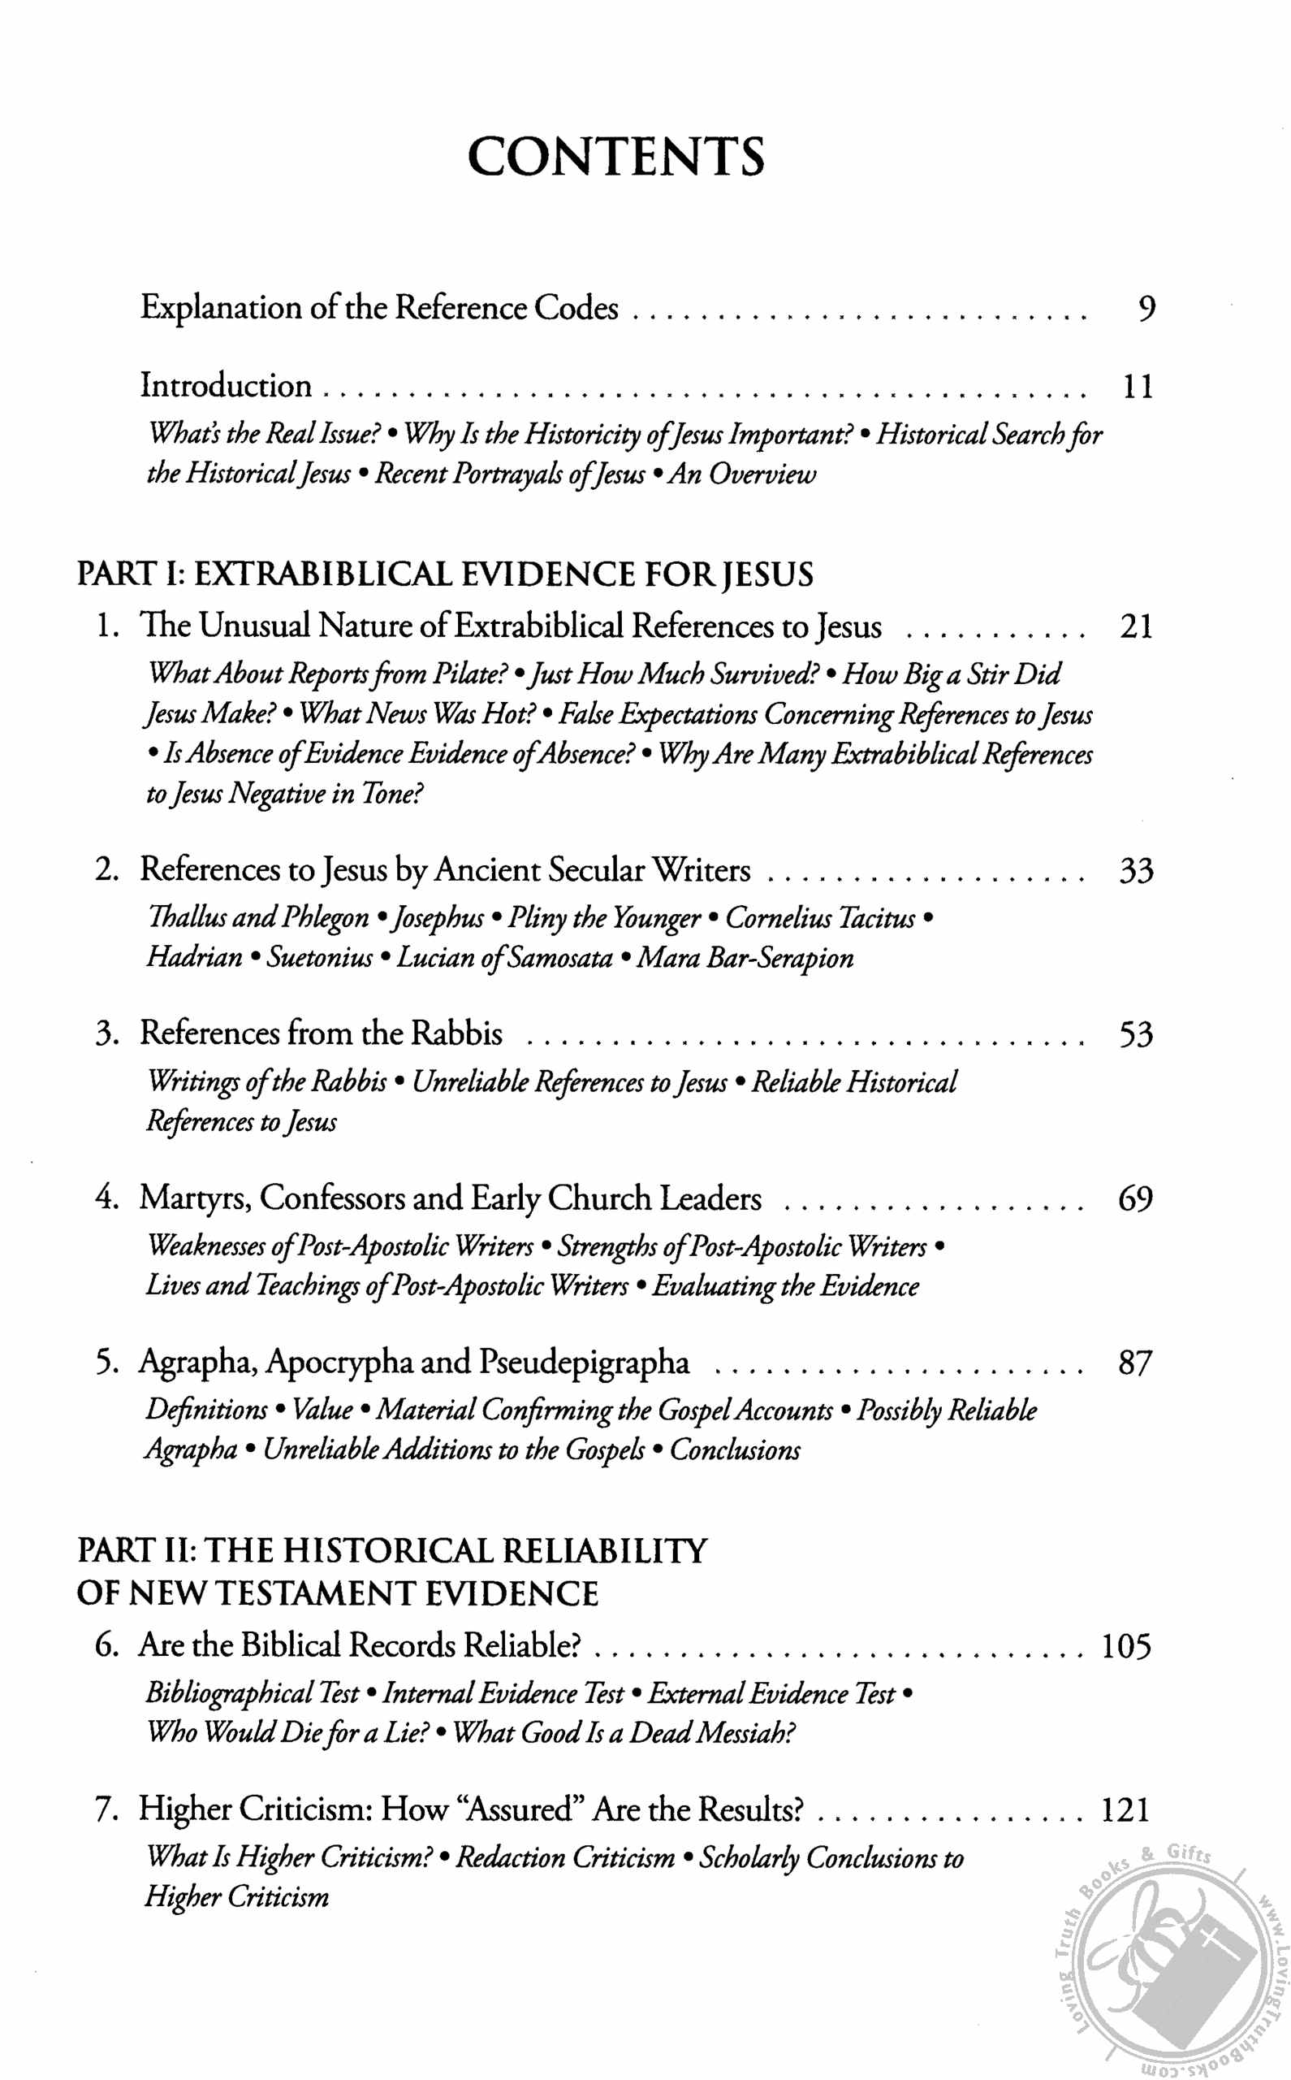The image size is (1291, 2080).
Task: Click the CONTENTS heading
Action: coord(615,156)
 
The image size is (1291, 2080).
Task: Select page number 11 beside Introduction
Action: coord(1137,387)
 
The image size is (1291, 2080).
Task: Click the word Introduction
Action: coord(227,386)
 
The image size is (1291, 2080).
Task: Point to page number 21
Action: coord(1137,627)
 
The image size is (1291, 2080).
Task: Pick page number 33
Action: coord(1137,871)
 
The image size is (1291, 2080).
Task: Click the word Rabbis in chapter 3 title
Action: coord(457,1033)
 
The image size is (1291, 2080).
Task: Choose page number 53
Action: coord(1137,1035)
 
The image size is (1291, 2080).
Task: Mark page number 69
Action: coord(1136,1199)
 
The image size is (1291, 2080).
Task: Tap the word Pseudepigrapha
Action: coord(584,1363)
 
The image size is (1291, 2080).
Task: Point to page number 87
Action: coord(1136,1363)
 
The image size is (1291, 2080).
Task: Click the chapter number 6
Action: coord(106,1644)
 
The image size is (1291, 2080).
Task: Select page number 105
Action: coord(1126,1646)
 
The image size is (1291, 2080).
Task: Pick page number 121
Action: coord(1126,1810)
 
